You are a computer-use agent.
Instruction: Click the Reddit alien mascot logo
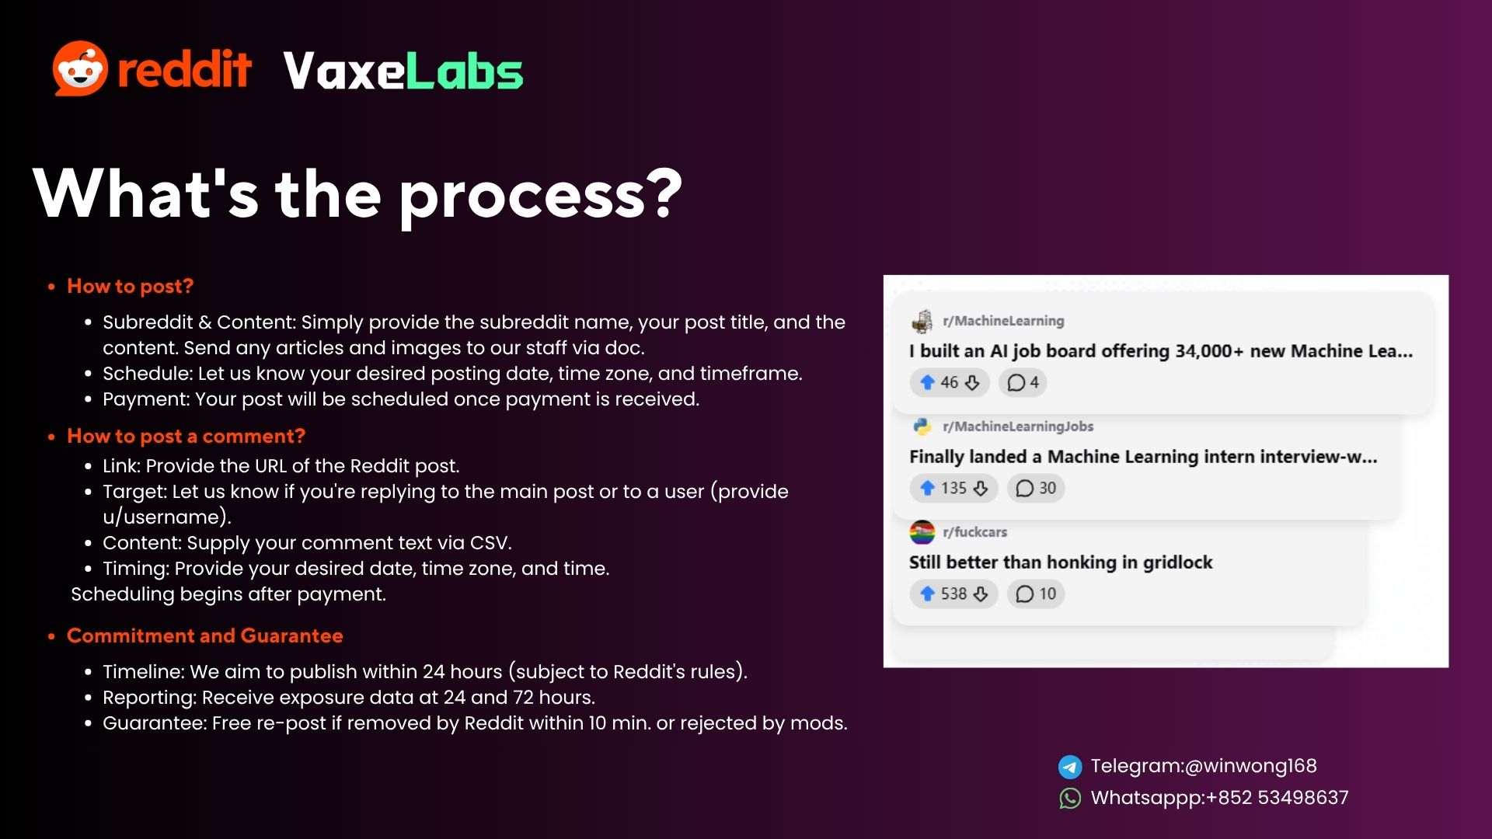click(x=80, y=68)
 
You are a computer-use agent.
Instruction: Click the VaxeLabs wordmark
click(x=403, y=71)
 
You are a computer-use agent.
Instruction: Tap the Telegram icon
click(x=1070, y=767)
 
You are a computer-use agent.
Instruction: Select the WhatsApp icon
click(x=1070, y=799)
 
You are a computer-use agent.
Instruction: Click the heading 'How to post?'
click(x=130, y=286)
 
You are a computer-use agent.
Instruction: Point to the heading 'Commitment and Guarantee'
click(x=205, y=635)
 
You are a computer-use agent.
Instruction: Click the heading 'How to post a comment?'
click(x=186, y=436)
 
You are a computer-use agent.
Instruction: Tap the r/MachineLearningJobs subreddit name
click(x=1018, y=426)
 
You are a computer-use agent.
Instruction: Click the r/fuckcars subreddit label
click(x=975, y=532)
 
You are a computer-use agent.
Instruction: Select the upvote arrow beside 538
click(x=927, y=594)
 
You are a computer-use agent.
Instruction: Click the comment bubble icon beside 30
click(x=1025, y=488)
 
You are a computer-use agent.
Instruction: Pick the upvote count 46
click(x=950, y=382)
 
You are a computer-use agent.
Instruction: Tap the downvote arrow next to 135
click(x=981, y=488)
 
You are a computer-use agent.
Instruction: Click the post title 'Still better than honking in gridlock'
click(x=1061, y=562)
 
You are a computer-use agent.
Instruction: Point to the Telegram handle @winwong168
click(x=1251, y=766)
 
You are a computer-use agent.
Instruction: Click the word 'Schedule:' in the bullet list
click(x=148, y=374)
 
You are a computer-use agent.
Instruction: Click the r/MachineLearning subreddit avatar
click(x=922, y=321)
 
